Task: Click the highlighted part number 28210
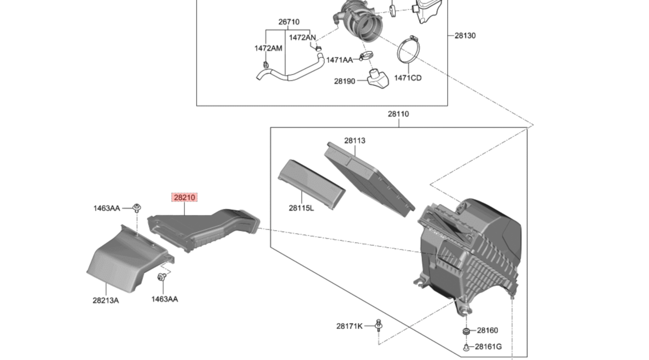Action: [x=185, y=197]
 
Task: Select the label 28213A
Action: [x=105, y=300]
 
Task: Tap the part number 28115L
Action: [x=301, y=208]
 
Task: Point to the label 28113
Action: [x=355, y=141]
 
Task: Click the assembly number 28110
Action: [x=398, y=114]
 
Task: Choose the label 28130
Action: [x=465, y=36]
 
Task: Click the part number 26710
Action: [x=288, y=22]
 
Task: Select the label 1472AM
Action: [x=268, y=48]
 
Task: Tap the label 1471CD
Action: [x=408, y=78]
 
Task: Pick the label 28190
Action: [x=344, y=81]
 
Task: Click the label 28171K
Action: [x=349, y=326]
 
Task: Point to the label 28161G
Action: [x=488, y=347]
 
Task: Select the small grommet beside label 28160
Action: [x=466, y=331]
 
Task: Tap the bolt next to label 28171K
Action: [x=378, y=325]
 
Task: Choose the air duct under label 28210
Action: [x=203, y=229]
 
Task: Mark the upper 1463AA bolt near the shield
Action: [x=137, y=208]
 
